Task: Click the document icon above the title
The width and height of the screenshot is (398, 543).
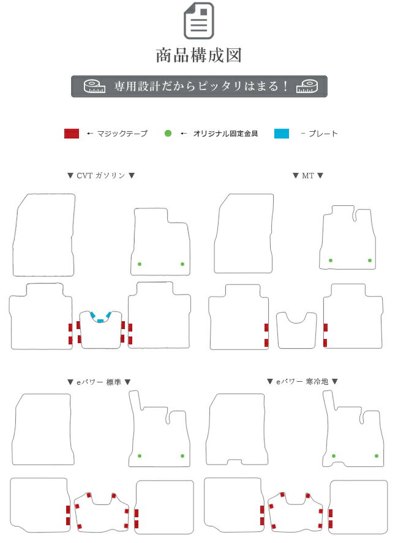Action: (198, 20)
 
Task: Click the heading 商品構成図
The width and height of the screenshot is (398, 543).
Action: (198, 55)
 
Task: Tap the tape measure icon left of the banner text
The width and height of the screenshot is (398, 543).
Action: (94, 86)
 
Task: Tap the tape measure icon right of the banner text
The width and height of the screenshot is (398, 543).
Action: (307, 86)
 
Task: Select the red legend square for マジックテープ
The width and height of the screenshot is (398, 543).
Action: (72, 134)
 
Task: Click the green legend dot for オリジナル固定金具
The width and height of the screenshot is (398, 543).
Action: (168, 134)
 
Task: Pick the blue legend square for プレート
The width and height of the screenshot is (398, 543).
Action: (282, 134)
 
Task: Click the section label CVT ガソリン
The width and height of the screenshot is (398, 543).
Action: (100, 175)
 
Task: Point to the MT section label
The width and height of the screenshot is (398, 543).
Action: (307, 175)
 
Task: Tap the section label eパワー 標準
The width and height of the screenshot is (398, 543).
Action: (99, 382)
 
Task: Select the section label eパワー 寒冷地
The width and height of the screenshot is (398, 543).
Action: (302, 381)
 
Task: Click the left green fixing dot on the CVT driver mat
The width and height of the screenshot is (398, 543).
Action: (140, 264)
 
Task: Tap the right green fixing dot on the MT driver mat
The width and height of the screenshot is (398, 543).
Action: (370, 260)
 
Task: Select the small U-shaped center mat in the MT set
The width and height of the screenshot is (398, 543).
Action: (296, 330)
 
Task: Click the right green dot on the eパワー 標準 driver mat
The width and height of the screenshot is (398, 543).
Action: (182, 456)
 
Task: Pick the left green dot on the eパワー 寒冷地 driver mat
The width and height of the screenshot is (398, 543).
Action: (334, 456)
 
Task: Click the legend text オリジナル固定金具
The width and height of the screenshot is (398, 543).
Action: (225, 134)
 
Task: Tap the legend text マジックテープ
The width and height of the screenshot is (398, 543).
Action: (122, 134)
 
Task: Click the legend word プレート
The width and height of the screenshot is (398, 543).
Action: (323, 134)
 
